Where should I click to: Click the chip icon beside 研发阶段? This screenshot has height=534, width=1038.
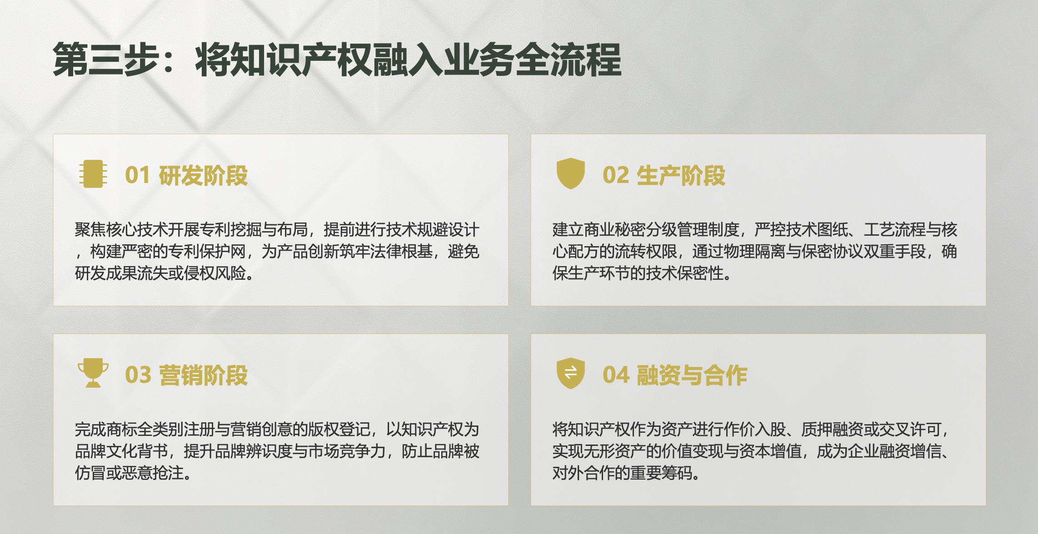pyautogui.click(x=93, y=174)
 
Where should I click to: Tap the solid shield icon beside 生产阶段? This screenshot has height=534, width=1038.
pyautogui.click(x=571, y=173)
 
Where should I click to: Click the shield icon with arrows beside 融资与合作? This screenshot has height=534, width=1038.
pyautogui.click(x=571, y=373)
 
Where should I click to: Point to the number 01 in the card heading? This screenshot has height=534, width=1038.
pyautogui.click(x=137, y=175)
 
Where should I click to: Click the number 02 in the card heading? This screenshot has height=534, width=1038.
pyautogui.click(x=616, y=175)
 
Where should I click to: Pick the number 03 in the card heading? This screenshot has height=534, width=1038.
pyautogui.click(x=138, y=375)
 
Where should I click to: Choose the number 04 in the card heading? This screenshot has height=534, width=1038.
pyautogui.click(x=616, y=375)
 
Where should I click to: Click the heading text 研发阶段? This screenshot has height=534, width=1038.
pyautogui.click(x=203, y=175)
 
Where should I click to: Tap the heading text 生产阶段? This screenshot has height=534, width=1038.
pyautogui.click(x=681, y=175)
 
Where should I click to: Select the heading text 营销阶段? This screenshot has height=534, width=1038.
pyautogui.click(x=203, y=375)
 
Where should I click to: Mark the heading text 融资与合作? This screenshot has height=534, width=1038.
pyautogui.click(x=692, y=375)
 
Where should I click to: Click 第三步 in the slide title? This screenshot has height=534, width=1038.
pyautogui.click(x=106, y=59)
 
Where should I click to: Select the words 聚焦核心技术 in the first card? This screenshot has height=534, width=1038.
pyautogui.click(x=121, y=230)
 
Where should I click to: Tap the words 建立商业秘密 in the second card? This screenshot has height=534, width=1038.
pyautogui.click(x=599, y=230)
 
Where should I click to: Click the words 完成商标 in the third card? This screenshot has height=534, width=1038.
pyautogui.click(x=105, y=430)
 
